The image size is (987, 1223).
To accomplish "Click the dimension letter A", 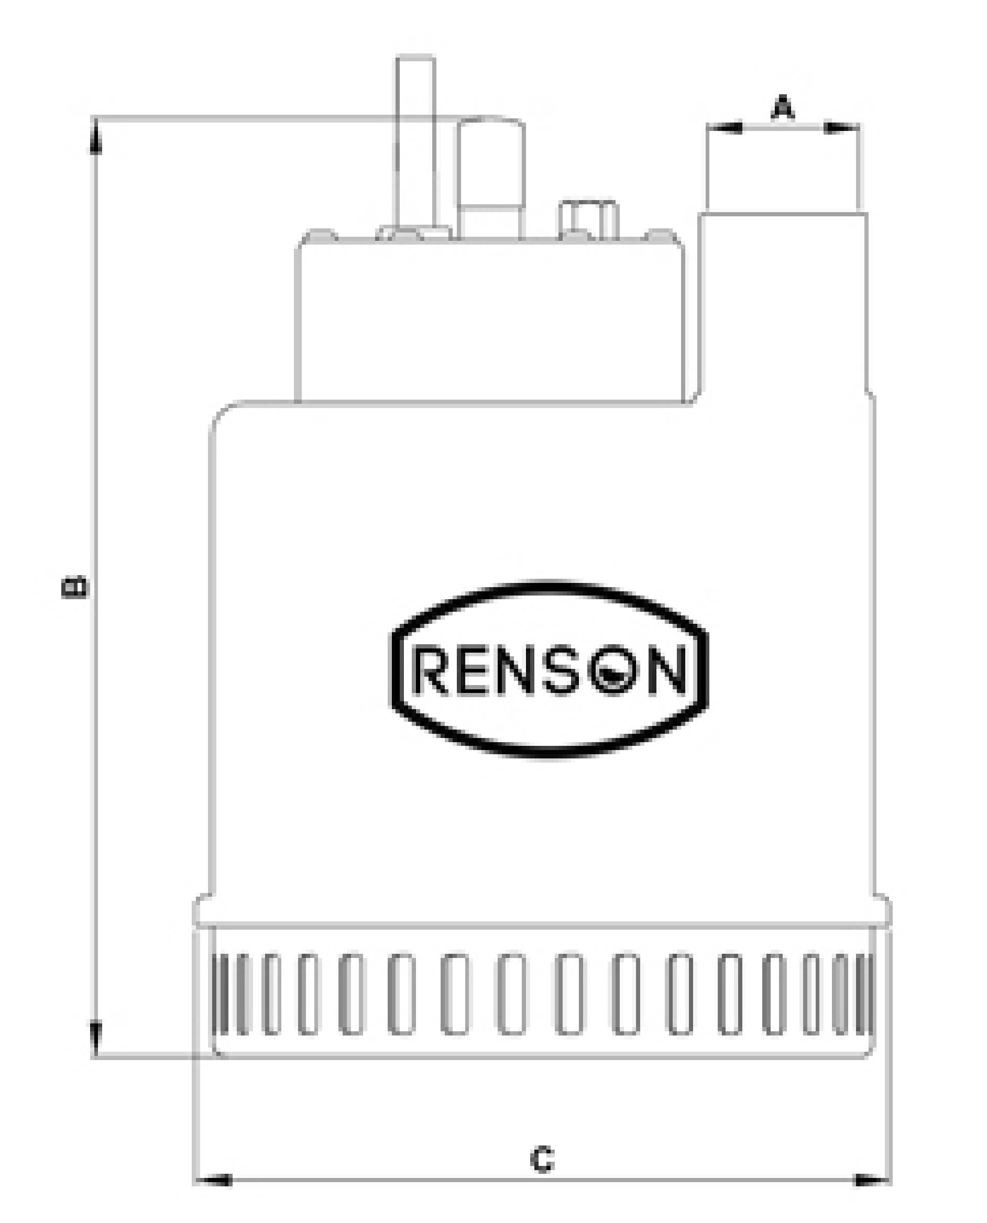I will [x=783, y=108].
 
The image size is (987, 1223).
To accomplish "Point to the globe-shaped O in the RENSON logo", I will [x=613, y=673].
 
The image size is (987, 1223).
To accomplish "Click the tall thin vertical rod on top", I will [x=415, y=142].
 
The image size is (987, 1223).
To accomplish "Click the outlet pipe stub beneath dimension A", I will [x=783, y=301].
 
